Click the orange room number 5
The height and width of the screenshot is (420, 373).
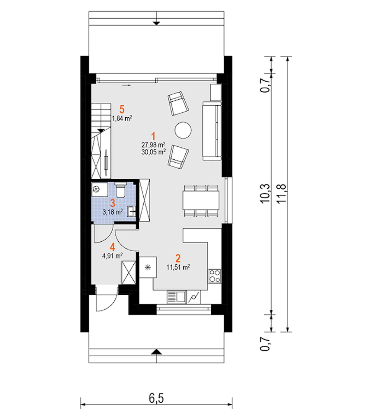(x=122, y=109)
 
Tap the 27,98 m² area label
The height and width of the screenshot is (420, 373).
(x=153, y=144)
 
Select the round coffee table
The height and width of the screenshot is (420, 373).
(x=183, y=130)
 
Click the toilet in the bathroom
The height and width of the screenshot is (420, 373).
(x=120, y=190)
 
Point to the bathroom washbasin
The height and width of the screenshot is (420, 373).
(x=131, y=212)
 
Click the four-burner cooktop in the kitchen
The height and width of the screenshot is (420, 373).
(x=214, y=276)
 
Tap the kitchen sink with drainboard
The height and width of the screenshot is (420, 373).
(x=176, y=297)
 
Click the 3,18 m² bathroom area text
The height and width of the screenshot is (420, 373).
(x=112, y=212)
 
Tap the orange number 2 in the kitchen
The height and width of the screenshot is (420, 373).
(x=178, y=258)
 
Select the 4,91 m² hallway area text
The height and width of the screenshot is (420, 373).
(x=112, y=256)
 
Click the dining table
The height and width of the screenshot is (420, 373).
(x=201, y=200)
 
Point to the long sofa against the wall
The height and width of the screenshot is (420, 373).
(x=212, y=131)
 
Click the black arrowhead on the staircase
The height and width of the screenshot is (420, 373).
(x=101, y=130)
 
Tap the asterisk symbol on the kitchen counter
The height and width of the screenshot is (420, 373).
(x=147, y=267)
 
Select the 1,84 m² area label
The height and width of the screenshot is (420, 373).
(x=122, y=118)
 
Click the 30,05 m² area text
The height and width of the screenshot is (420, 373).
(x=153, y=152)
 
